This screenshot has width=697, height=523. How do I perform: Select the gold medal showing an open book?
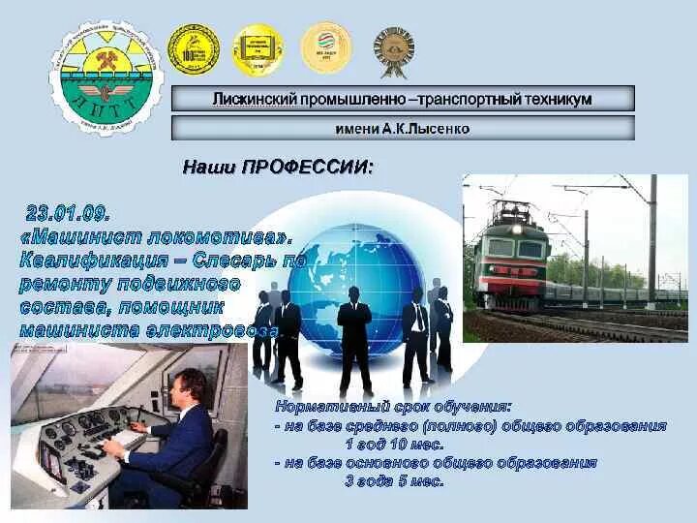(258, 48)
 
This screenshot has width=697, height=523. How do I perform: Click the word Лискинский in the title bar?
(255, 99)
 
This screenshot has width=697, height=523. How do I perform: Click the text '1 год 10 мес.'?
(395, 444)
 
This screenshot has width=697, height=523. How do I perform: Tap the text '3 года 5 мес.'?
(395, 480)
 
